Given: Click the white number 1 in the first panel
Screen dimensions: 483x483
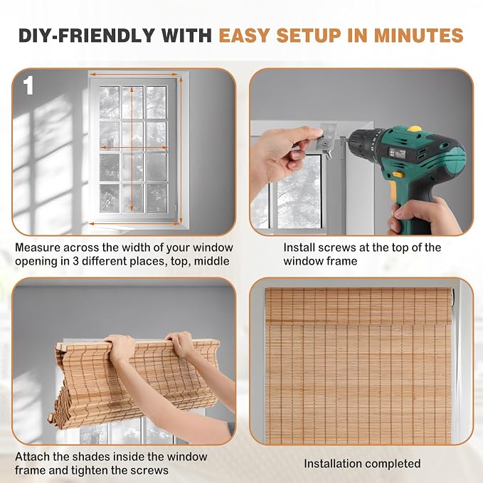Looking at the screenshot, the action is [x=28, y=85].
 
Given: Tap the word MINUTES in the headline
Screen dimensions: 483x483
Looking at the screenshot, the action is [x=418, y=36].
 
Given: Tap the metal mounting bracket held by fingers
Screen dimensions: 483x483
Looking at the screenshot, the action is [x=328, y=139].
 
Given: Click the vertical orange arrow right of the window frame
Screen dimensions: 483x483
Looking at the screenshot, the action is [x=181, y=150].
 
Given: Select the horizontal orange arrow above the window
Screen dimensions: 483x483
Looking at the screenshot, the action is [x=134, y=74].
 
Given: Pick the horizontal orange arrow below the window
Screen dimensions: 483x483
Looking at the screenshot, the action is [x=134, y=223].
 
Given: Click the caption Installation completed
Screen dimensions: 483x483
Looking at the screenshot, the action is [x=362, y=464].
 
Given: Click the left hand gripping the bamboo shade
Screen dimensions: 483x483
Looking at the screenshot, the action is [x=121, y=348].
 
